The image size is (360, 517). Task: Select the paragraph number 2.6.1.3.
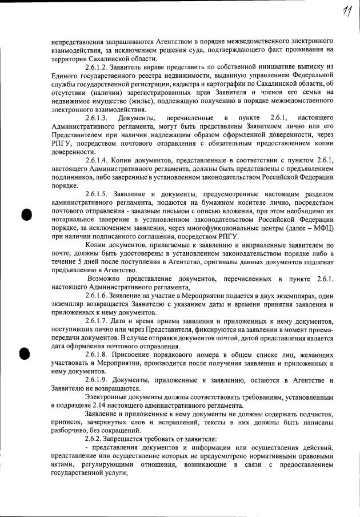98,118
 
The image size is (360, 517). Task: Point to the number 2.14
93,405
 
